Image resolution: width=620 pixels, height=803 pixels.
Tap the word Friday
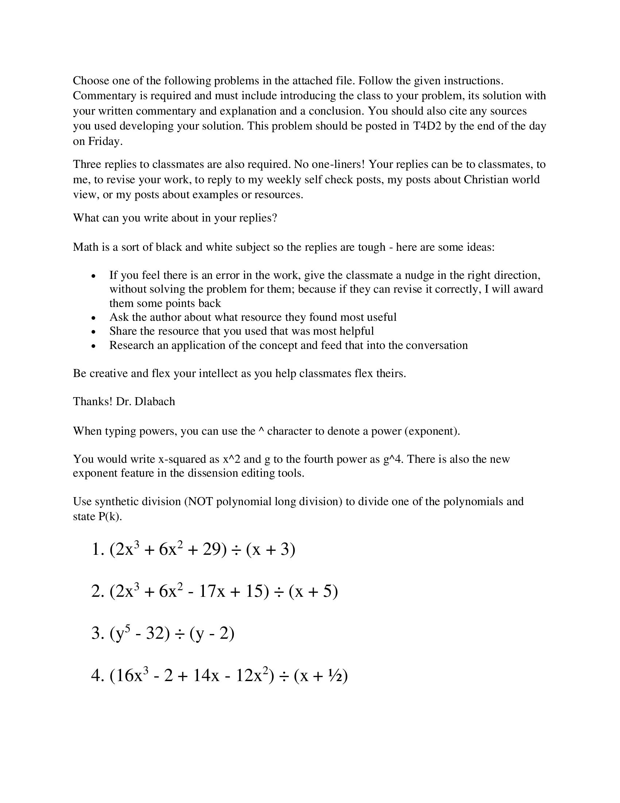[x=104, y=141]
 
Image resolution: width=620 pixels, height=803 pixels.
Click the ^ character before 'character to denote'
[x=261, y=431]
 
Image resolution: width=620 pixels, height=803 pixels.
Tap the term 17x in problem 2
[x=212, y=592]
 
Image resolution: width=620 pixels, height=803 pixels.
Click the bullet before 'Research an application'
[x=94, y=346]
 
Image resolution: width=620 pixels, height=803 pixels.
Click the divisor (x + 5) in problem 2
[x=313, y=592]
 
